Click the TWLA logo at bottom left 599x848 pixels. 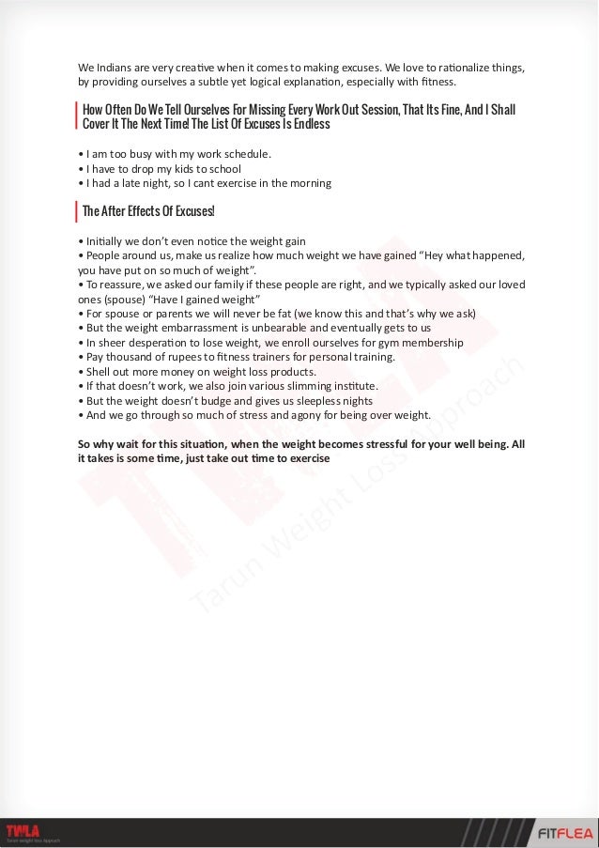23,828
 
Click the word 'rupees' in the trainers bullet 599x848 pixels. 184,357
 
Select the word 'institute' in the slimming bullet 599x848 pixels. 350,386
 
